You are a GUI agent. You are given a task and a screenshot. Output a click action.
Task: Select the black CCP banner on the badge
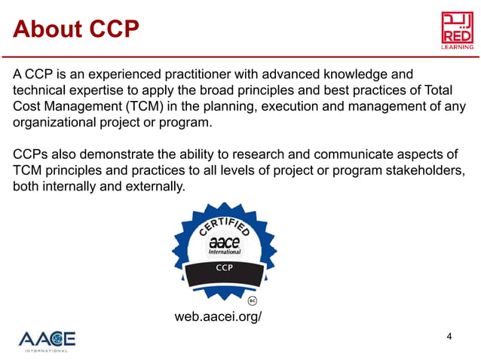[x=224, y=267]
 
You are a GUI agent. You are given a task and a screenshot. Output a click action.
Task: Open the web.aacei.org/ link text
[x=218, y=316]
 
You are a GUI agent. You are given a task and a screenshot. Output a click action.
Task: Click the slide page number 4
[x=449, y=336]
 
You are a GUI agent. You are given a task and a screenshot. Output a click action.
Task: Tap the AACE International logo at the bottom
[x=47, y=340]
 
